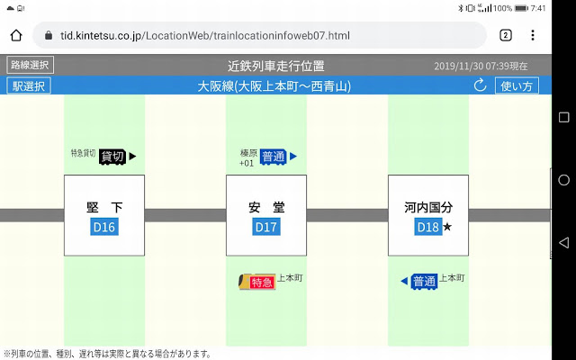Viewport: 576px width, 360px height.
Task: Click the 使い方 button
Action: pos(517,86)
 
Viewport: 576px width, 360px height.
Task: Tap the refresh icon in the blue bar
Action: pos(480,86)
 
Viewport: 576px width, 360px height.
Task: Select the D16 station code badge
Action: pos(104,227)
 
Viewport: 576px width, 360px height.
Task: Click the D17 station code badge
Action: pos(265,227)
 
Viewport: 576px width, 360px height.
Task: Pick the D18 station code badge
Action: pos(427,227)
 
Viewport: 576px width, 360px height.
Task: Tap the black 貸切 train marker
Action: pos(111,157)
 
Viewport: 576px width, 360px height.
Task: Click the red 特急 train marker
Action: pos(260,283)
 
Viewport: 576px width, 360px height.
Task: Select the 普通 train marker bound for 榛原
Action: pos(274,157)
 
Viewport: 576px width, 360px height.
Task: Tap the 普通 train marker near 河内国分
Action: pos(423,283)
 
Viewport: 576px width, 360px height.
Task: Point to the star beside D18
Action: pos(447,228)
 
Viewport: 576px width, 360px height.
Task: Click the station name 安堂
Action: pos(265,207)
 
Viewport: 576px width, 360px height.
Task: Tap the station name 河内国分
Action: pos(427,207)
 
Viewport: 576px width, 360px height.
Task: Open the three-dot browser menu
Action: pos(533,35)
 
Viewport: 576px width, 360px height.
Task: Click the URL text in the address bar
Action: pos(204,35)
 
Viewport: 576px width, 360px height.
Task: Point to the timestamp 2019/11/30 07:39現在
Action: pos(481,67)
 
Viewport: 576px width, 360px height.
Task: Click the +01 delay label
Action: pos(247,164)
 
